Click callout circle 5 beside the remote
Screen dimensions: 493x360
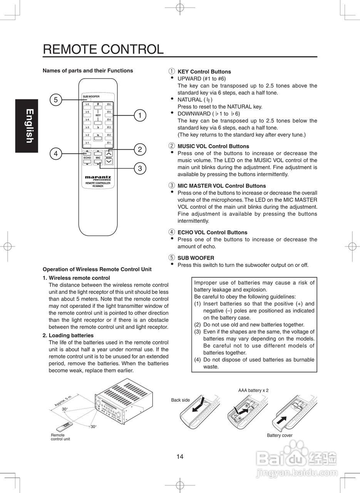55,100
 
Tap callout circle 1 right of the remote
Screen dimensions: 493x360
140,115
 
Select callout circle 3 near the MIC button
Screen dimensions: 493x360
140,168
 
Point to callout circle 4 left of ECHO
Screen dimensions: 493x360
55,154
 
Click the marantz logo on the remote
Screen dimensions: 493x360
98,178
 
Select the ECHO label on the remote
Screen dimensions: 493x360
87,158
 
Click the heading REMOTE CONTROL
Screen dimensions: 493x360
103,49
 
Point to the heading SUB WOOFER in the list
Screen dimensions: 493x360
196,258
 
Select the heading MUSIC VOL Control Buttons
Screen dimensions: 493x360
213,146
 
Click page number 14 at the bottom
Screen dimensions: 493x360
180,457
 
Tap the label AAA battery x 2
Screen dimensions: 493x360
253,390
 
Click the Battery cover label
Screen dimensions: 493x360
280,436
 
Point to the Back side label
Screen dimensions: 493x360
180,400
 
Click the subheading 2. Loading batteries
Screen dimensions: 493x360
68,335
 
